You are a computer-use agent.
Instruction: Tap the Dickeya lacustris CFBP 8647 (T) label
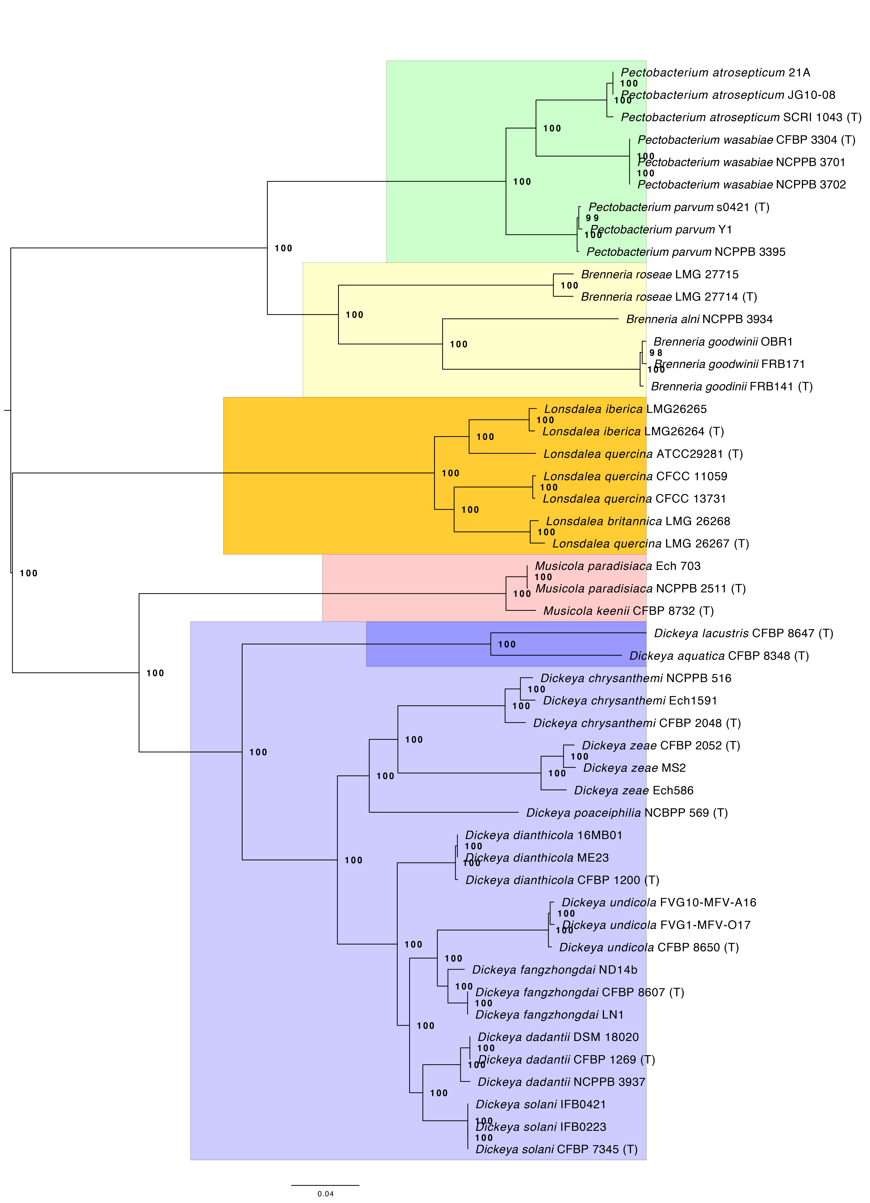coord(743,633)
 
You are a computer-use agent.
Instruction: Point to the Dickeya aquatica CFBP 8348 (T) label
coord(719,656)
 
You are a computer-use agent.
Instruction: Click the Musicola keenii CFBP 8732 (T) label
coord(628,611)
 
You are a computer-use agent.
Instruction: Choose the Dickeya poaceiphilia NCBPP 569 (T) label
coord(626,813)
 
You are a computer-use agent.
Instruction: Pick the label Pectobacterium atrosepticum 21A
coord(715,73)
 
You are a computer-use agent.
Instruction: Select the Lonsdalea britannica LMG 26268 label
coord(638,521)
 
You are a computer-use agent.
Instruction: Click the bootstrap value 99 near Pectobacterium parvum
coord(592,218)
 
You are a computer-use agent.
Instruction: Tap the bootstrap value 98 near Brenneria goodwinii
coord(656,353)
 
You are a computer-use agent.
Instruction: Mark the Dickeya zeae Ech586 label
coord(633,790)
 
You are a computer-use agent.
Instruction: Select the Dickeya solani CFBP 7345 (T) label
coord(556,1149)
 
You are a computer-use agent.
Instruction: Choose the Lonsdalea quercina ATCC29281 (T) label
coord(643,454)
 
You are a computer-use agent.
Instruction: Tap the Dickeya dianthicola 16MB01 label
coord(543,835)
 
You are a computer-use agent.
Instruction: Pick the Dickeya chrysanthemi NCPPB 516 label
coord(636,678)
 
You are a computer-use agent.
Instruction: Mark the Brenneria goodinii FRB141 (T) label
coord(732,387)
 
